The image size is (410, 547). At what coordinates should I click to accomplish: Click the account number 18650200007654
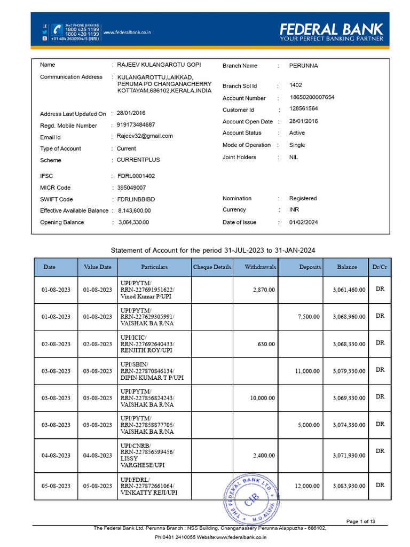tap(312, 97)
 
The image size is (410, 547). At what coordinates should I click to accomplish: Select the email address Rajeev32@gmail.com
tap(145, 136)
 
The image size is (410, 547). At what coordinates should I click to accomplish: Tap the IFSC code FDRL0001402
tap(136, 176)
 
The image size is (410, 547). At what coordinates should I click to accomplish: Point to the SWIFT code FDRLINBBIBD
tap(136, 199)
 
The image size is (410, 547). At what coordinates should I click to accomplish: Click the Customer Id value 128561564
tap(303, 108)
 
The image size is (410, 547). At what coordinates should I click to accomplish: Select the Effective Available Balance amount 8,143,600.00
tap(135, 211)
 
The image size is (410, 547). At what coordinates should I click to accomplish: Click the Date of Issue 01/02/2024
tap(303, 222)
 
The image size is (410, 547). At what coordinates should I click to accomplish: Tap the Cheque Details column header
tap(212, 267)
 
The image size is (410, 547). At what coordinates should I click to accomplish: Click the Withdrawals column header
tap(260, 267)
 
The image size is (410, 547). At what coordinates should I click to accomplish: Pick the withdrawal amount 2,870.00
tap(264, 290)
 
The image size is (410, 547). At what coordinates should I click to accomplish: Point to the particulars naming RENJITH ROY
tap(147, 344)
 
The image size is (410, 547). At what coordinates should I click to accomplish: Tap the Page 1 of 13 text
tap(361, 521)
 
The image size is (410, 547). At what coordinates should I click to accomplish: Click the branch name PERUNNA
tap(303, 66)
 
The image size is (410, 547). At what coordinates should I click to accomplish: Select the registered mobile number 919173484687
tap(136, 124)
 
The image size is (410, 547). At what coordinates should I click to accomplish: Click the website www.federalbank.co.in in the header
tap(127, 33)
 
